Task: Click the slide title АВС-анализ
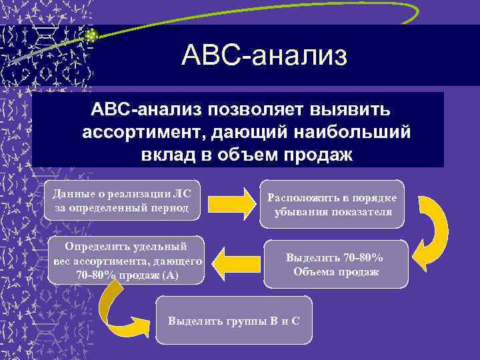point(264,56)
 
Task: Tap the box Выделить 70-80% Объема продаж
point(335,264)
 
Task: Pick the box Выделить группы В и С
point(234,320)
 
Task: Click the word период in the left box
point(172,208)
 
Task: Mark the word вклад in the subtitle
point(165,155)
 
